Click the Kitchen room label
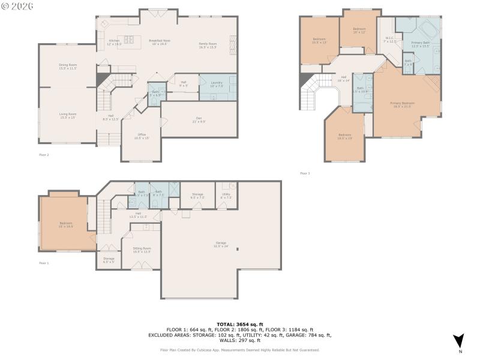tap(114, 43)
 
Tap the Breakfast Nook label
tap(160, 42)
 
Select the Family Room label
tap(208, 45)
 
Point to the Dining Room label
tap(68, 66)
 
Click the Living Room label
tap(67, 115)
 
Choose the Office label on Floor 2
tap(142, 136)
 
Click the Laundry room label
tap(217, 84)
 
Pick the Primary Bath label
tap(421, 44)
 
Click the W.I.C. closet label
tap(390, 40)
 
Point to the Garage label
tap(221, 245)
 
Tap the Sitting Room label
tap(142, 250)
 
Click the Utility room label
tap(226, 195)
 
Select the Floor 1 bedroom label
tap(65, 225)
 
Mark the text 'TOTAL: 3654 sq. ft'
tap(239, 324)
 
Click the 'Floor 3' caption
tap(305, 173)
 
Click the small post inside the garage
tap(238, 249)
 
